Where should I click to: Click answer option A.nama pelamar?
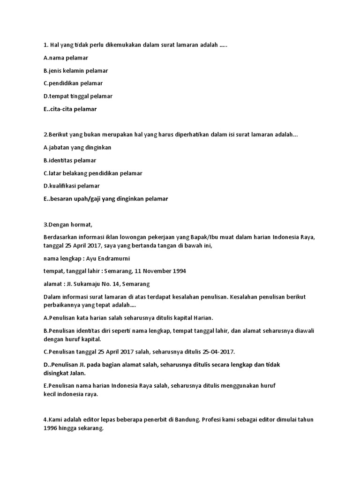pyautogui.click(x=66, y=58)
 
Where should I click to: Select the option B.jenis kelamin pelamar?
pyautogui.click(x=75, y=70)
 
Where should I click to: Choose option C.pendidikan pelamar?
pyautogui.click(x=73, y=83)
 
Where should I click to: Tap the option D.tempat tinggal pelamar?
pyautogui.click(x=78, y=96)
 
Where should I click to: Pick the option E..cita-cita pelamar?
pyautogui.click(x=70, y=109)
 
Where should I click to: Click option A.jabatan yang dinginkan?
pyautogui.click(x=77, y=147)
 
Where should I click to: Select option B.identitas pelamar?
pyautogui.click(x=69, y=160)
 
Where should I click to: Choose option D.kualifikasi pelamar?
pyautogui.click(x=71, y=186)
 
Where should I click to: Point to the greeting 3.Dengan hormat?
pyautogui.click(x=71, y=224)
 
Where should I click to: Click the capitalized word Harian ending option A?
pyautogui.click(x=202, y=318)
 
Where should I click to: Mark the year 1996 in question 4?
pyautogui.click(x=50, y=428)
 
